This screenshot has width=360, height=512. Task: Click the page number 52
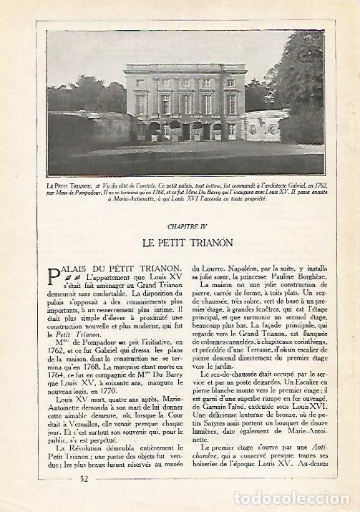click(84, 479)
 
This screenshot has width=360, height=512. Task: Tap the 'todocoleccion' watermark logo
click(300, 498)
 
